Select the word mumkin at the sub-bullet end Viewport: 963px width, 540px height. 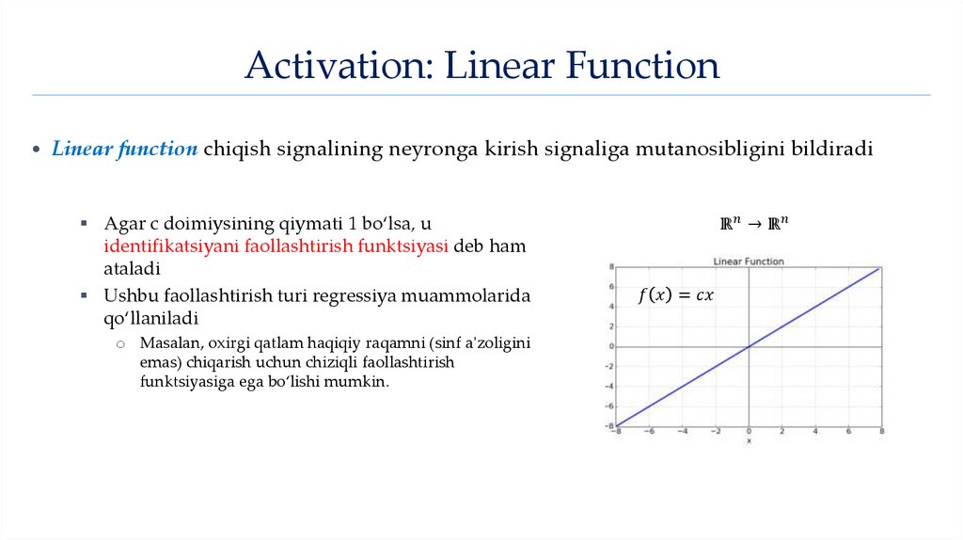(x=363, y=383)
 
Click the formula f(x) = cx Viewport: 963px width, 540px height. (x=675, y=295)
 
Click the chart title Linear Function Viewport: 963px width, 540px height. (x=749, y=261)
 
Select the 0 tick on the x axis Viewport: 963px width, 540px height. (x=749, y=432)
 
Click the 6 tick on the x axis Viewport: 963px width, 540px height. (x=848, y=432)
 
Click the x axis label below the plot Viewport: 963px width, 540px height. (x=749, y=440)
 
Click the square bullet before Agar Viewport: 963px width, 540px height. (x=84, y=224)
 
